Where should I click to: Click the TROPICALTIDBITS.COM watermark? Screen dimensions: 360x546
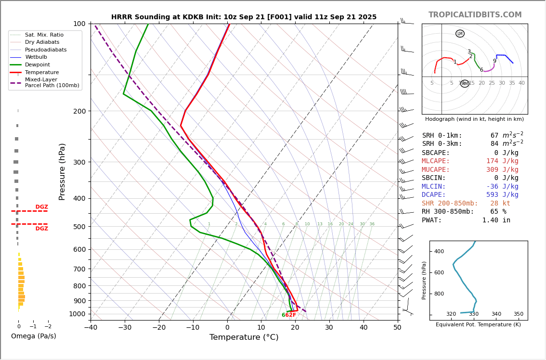click(475, 15)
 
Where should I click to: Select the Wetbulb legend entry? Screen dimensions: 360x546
click(36, 57)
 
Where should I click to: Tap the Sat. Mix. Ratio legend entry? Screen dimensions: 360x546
click(44, 35)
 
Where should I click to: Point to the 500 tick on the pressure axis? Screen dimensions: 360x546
click(78, 227)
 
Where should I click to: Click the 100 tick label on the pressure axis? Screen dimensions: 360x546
click(78, 24)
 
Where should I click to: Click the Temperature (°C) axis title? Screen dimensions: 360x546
click(244, 337)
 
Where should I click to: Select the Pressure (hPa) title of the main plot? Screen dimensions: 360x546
click(62, 171)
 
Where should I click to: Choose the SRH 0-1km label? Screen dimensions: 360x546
click(442, 136)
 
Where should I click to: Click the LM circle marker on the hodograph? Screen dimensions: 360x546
click(460, 34)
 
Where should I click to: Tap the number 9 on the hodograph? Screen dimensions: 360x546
click(494, 61)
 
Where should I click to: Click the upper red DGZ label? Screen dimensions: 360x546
click(41, 207)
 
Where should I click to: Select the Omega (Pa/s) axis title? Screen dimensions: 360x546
click(34, 336)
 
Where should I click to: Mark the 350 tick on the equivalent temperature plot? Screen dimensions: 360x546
click(518, 314)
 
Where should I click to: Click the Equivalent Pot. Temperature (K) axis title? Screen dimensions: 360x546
click(478, 325)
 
